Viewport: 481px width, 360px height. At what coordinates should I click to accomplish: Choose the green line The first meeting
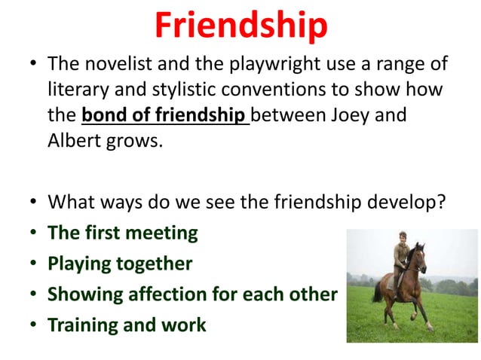click(x=122, y=233)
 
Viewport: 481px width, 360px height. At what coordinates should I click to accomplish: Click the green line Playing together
click(x=120, y=264)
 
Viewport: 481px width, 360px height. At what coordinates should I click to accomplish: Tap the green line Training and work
click(x=126, y=325)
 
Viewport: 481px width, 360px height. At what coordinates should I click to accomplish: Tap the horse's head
click(x=420, y=256)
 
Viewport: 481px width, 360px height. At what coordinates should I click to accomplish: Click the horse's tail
click(x=376, y=290)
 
